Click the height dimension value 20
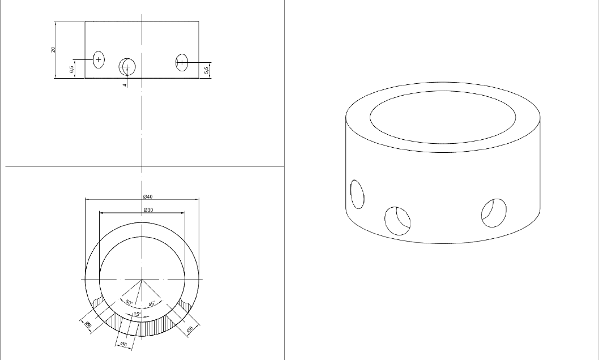53,50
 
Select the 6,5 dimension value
71,70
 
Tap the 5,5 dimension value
207,70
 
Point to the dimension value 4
125,85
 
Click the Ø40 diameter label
148,196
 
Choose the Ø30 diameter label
148,210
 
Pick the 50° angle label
129,303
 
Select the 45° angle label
152,304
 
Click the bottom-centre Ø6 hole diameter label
123,344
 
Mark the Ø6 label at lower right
190,329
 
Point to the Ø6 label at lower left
88,324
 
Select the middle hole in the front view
127,67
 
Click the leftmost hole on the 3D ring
357,194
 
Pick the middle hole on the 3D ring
397,220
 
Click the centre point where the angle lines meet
142,280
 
